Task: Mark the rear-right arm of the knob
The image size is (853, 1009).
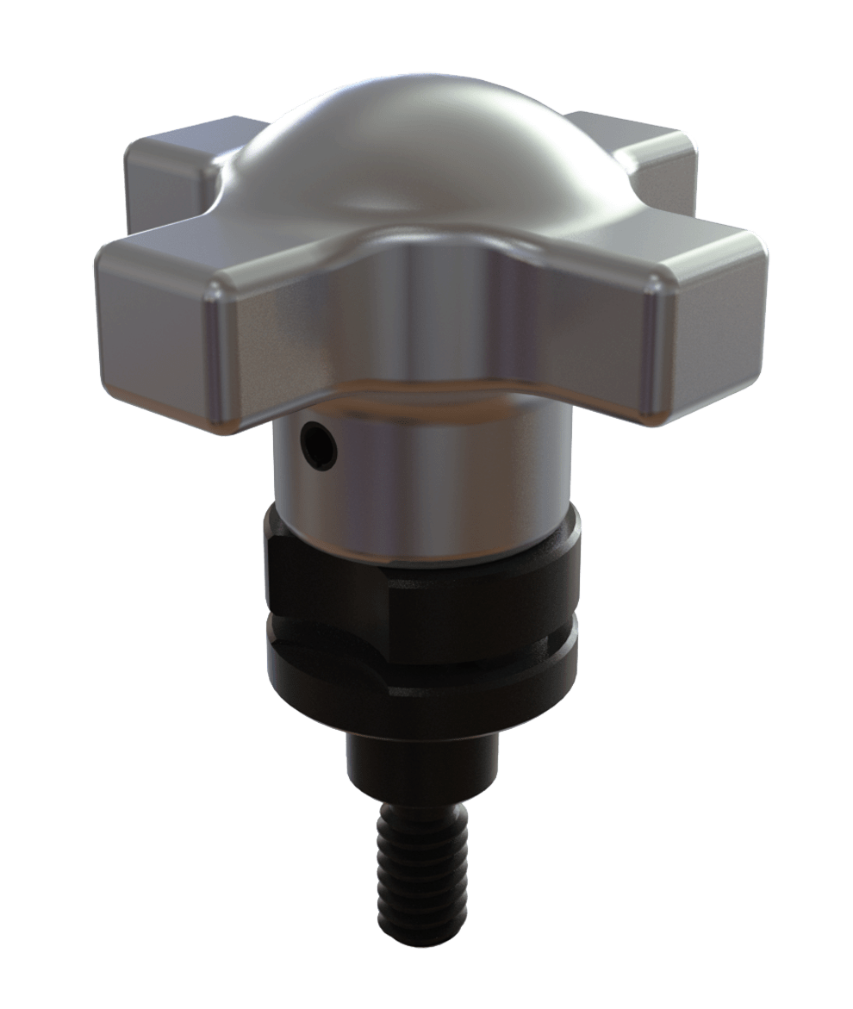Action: pos(638,146)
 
